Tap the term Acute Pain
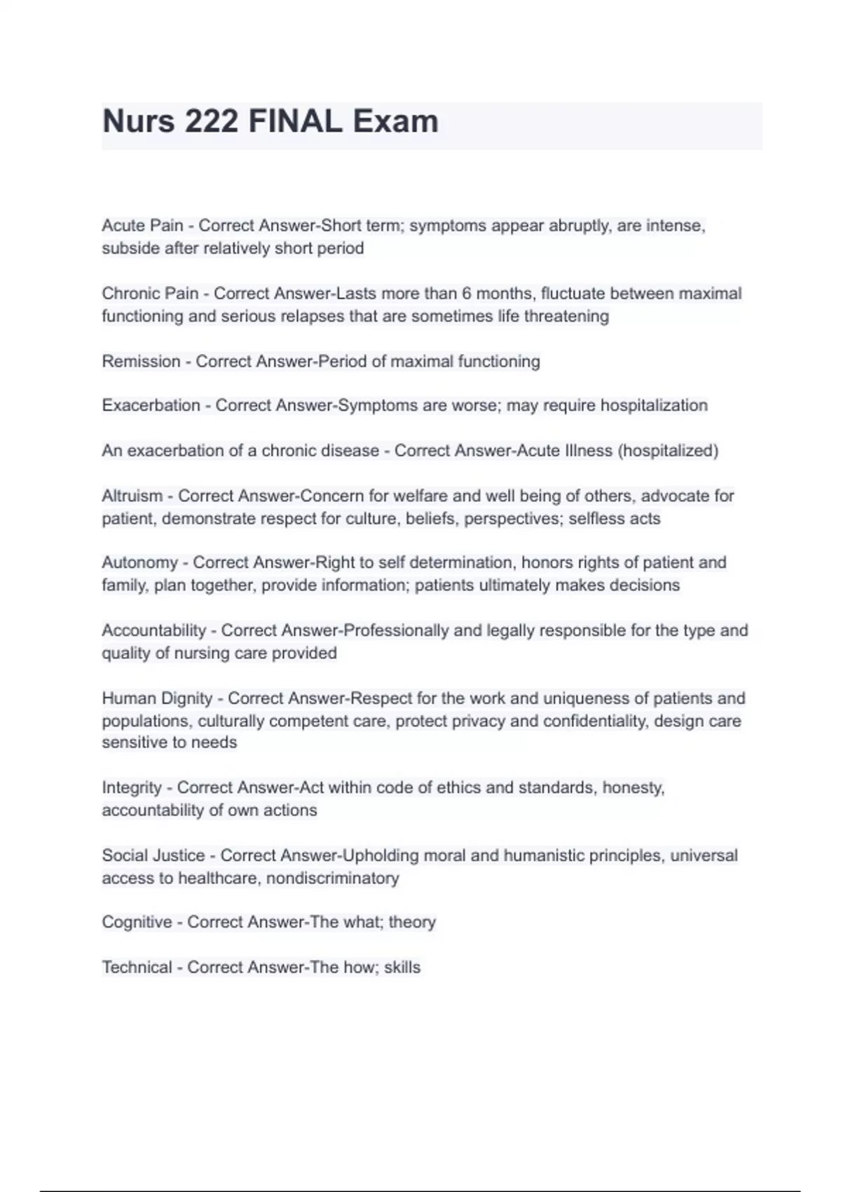tap(142, 226)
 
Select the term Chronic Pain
tap(150, 294)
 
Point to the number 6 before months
tap(467, 294)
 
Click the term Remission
tap(141, 362)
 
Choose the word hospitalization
tap(654, 405)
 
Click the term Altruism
tap(132, 496)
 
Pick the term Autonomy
tap(139, 563)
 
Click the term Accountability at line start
tap(154, 630)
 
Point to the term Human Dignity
tap(157, 698)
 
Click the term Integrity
tap(132, 788)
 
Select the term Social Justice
tap(153, 855)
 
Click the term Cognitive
tap(137, 922)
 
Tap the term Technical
tap(137, 968)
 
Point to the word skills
tap(402, 968)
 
